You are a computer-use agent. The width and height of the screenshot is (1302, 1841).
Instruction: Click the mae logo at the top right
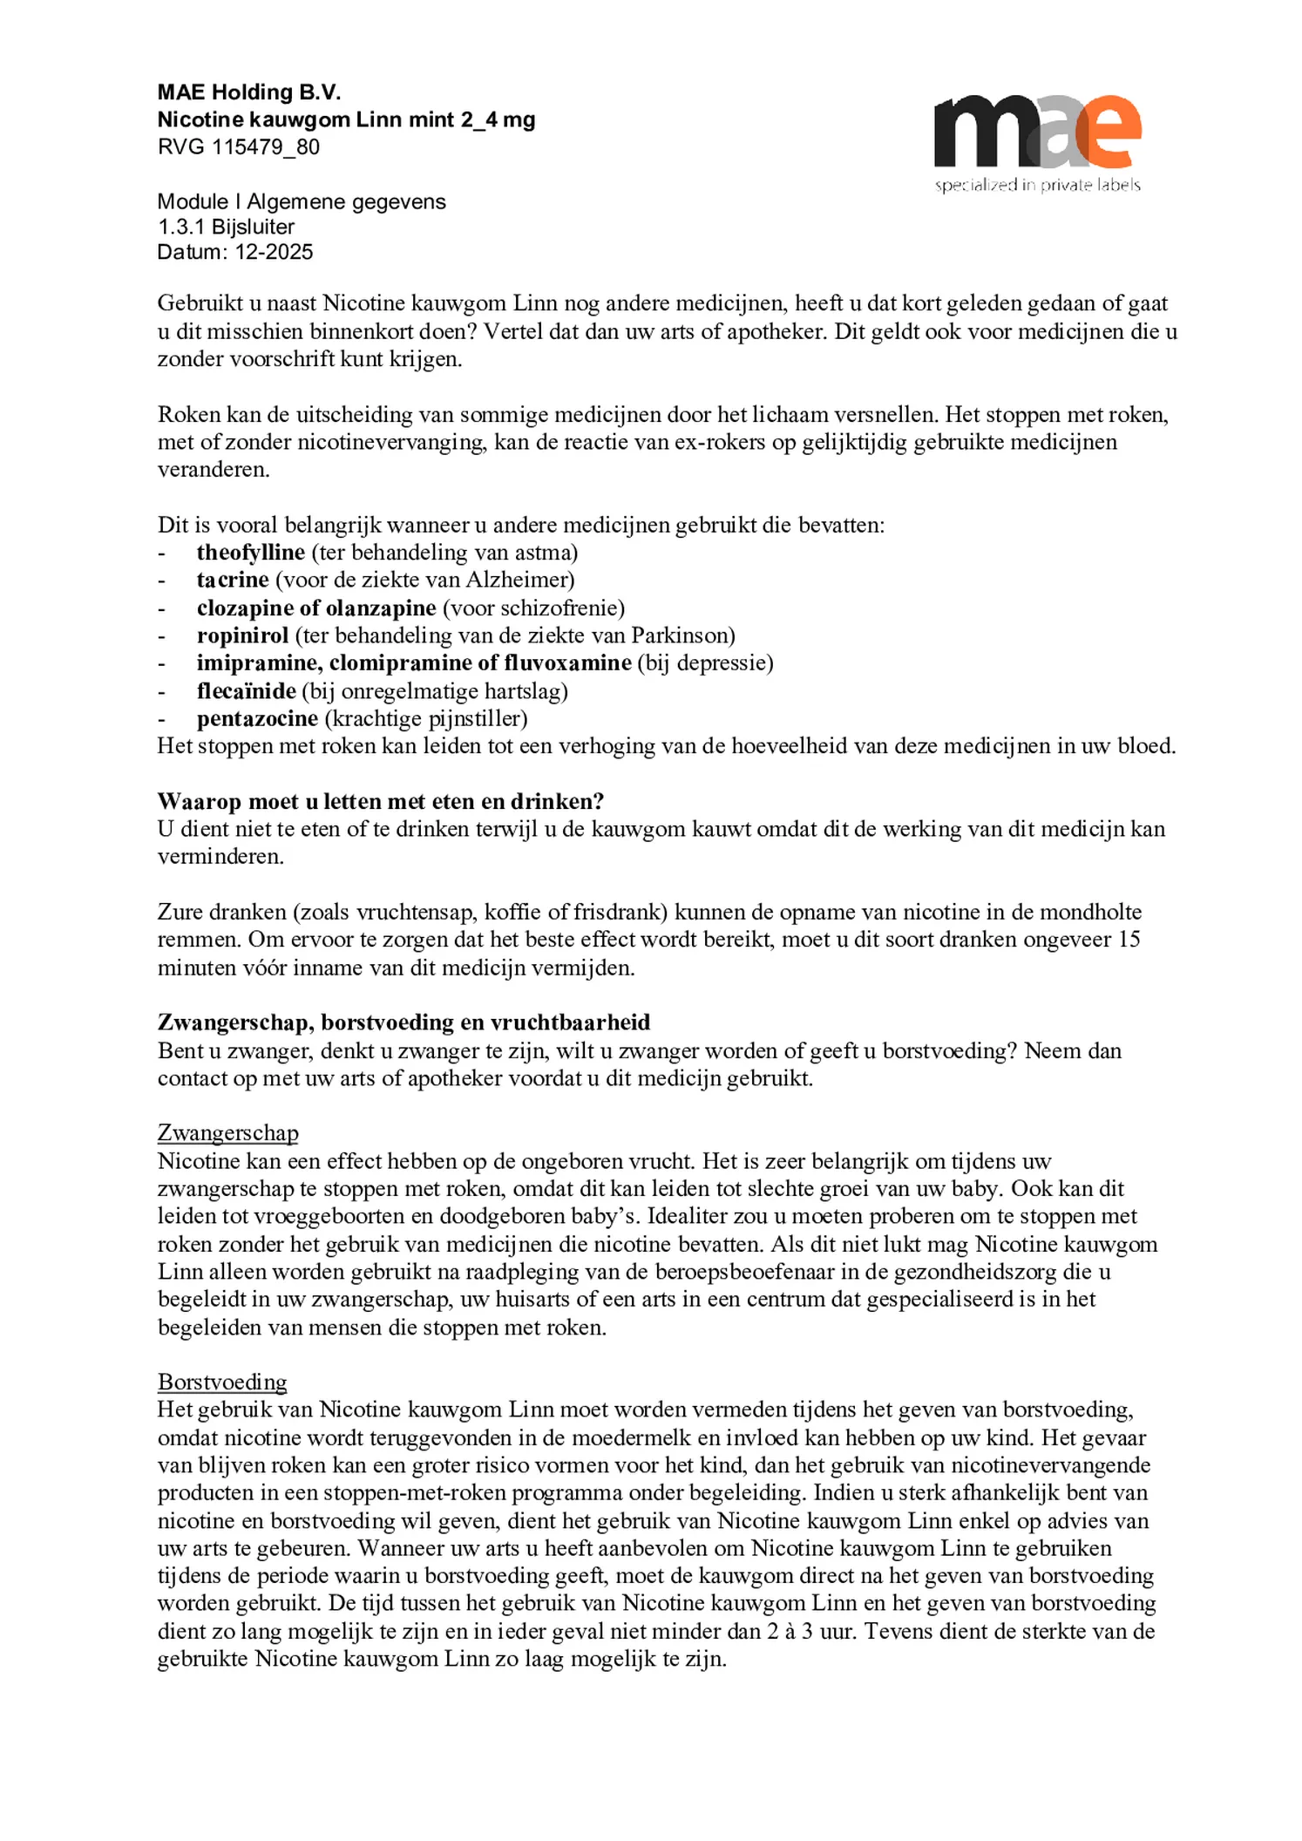pyautogui.click(x=1037, y=132)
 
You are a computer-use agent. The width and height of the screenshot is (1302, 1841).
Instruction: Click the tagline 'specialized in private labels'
pyautogui.click(x=1037, y=185)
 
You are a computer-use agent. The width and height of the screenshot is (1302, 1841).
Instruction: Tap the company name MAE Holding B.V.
pyautogui.click(x=249, y=92)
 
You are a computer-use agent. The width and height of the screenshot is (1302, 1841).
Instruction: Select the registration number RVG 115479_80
pyautogui.click(x=239, y=146)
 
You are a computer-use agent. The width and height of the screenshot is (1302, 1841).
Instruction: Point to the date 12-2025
pyautogui.click(x=274, y=252)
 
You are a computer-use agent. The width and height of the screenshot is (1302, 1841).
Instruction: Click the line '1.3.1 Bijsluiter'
pyautogui.click(x=226, y=227)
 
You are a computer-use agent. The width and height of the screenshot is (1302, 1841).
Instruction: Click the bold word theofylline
pyautogui.click(x=250, y=553)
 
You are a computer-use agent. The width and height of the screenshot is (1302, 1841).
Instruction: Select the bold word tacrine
pyautogui.click(x=233, y=580)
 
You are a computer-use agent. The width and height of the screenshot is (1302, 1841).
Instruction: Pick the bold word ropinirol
pyautogui.click(x=242, y=635)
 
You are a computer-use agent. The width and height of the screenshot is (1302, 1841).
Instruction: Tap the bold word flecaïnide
pyautogui.click(x=247, y=691)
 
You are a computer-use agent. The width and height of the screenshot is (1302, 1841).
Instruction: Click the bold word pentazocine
pyautogui.click(x=257, y=719)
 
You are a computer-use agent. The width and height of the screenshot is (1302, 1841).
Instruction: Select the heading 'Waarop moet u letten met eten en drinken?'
pyautogui.click(x=381, y=801)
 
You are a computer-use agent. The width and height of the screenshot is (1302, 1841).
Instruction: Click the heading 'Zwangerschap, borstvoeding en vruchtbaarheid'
pyautogui.click(x=403, y=1022)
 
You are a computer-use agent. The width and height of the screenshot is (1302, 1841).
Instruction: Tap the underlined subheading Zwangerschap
pyautogui.click(x=227, y=1133)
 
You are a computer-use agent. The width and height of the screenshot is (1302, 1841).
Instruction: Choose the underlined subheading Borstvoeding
pyautogui.click(x=222, y=1382)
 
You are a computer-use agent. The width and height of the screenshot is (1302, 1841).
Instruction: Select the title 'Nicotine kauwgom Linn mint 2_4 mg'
pyautogui.click(x=346, y=119)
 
